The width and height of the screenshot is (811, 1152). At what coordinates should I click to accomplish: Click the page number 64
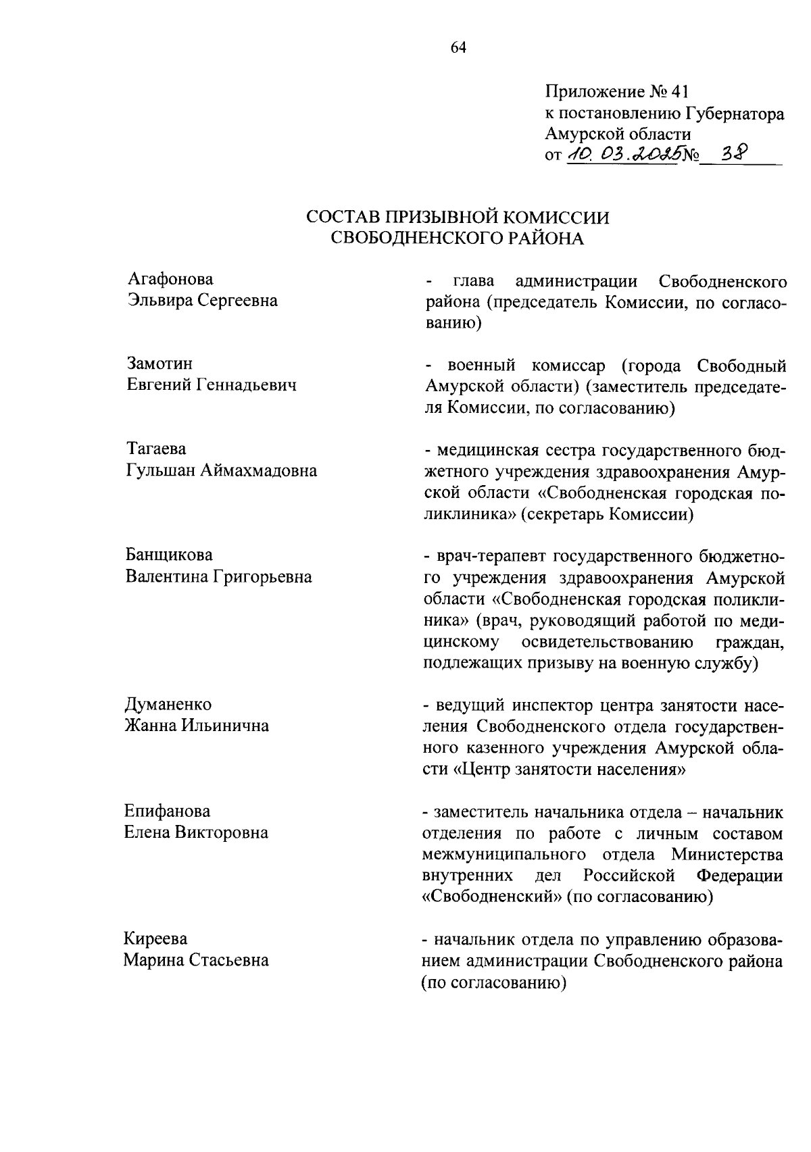point(458,47)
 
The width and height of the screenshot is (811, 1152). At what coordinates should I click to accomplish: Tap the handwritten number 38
point(734,154)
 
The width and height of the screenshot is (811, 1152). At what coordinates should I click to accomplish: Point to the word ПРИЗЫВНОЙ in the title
point(443,217)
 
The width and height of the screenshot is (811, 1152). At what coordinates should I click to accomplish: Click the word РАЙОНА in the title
point(545,239)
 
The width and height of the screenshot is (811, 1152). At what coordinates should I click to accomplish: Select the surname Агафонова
point(170,279)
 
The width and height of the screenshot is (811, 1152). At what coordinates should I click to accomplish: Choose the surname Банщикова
point(169,555)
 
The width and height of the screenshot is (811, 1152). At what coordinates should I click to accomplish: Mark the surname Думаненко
point(168,705)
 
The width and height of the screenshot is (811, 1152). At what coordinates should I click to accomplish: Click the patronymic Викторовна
point(222,832)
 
